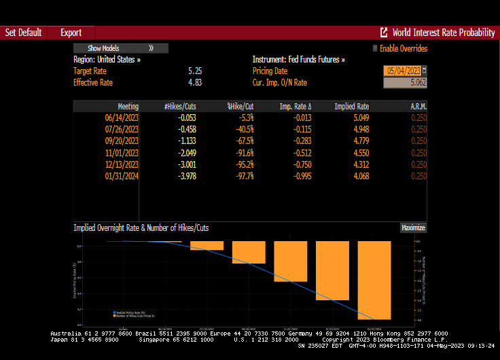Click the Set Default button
24,33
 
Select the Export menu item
71,33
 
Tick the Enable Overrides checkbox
374,48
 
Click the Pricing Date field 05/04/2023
402,71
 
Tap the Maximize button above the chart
413,228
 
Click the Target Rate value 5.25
194,71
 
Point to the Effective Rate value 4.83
194,82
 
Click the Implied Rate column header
351,107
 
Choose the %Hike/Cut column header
240,107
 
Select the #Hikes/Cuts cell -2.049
186,153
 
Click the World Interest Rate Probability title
443,33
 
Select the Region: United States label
107,60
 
